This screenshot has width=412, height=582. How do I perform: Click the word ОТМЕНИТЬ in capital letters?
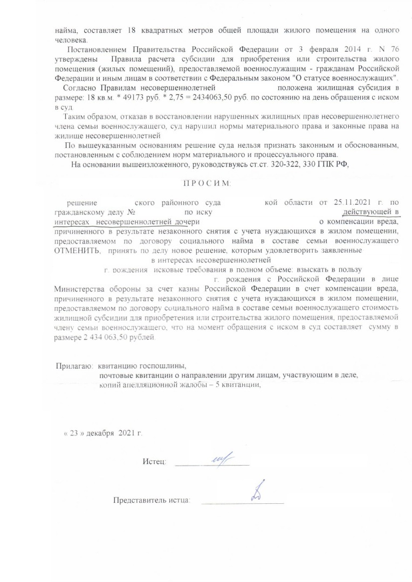click(x=77, y=251)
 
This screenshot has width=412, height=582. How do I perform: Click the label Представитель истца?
click(x=152, y=501)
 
